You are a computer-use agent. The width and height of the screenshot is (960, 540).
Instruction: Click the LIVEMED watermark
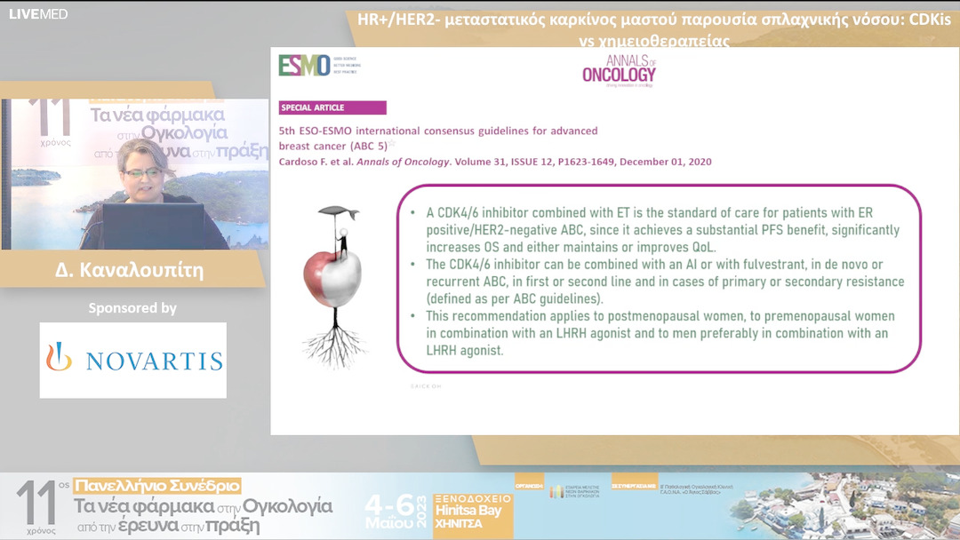coord(38,13)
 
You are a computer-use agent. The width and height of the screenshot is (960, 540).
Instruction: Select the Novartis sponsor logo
coord(133,360)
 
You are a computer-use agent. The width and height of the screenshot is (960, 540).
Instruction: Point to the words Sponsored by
coord(132,308)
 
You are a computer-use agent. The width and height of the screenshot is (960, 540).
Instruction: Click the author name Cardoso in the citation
coord(305,162)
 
